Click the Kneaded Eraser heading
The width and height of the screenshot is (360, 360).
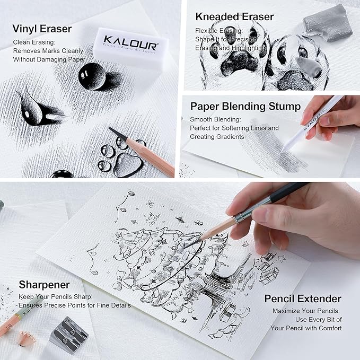pos(234,16)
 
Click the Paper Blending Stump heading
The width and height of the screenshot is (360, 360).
pos(245,107)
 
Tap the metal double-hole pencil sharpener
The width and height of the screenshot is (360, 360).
pos(71,329)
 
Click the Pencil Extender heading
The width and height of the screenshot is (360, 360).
pos(302,298)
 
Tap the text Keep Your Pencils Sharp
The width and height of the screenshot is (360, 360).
pos(56,297)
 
